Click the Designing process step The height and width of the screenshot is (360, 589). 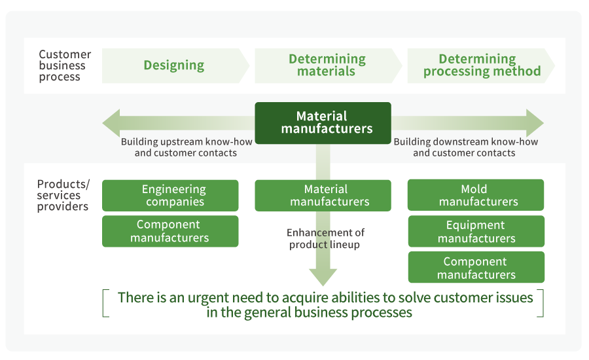point(174,65)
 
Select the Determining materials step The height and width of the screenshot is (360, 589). point(327,65)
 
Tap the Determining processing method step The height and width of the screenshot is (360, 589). point(482,65)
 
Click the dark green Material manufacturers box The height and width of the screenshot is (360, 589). point(323,123)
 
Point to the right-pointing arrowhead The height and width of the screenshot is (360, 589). point(535,123)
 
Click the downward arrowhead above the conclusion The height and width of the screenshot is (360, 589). point(323,277)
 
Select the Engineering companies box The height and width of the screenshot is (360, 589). point(170,196)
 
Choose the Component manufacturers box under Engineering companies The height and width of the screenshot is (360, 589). point(170,231)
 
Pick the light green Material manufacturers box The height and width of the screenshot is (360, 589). point(323,196)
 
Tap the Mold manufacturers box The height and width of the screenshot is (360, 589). point(476,195)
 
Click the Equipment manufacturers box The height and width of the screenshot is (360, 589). point(476,231)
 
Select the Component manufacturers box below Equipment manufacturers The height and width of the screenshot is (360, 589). point(476,267)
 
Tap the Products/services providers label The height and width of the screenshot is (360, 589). point(63,195)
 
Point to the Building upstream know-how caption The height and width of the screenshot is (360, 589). point(186,147)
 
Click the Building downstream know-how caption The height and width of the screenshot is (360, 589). point(465,147)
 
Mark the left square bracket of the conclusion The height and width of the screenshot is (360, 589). point(105,304)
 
